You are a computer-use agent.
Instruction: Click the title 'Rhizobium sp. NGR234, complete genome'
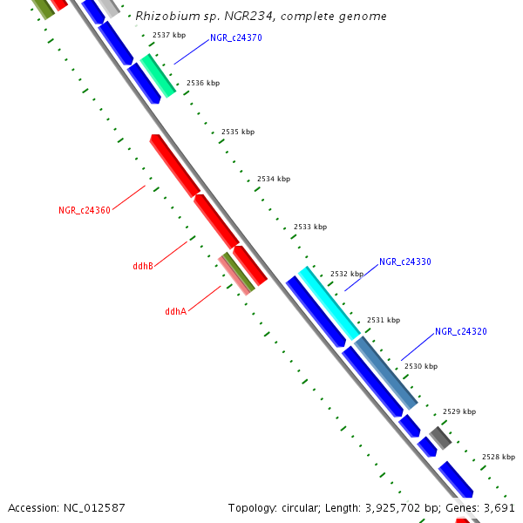[261, 17]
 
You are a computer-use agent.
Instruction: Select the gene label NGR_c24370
[235, 38]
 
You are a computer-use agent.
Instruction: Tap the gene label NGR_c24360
[84, 210]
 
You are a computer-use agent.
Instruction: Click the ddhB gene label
[143, 266]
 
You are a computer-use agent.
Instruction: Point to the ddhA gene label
[175, 311]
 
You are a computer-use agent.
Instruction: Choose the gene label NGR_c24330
[404, 261]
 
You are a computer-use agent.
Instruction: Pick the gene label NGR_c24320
[460, 331]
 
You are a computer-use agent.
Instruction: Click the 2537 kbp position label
[168, 36]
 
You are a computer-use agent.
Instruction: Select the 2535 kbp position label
[238, 132]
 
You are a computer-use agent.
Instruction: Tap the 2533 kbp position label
[309, 227]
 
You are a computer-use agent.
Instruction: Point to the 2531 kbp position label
[383, 320]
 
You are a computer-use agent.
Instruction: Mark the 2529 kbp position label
[458, 411]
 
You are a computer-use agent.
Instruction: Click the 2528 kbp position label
[498, 457]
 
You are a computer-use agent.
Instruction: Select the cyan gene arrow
[329, 302]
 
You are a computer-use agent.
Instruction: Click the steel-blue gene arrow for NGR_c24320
[385, 372]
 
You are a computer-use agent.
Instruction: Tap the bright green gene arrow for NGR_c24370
[158, 74]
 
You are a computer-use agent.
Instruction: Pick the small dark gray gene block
[439, 437]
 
